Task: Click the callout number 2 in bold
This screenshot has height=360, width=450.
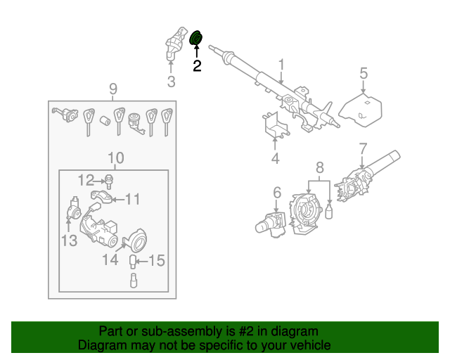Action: [197, 66]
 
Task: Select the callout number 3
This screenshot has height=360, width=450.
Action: [171, 82]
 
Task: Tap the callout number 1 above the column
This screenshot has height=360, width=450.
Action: [281, 65]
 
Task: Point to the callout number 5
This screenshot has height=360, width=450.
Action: [364, 73]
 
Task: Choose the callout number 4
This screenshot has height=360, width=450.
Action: [275, 159]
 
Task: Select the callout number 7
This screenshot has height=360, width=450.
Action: [363, 148]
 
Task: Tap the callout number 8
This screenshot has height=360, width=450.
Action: [319, 167]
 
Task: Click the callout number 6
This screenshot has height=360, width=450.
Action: [277, 192]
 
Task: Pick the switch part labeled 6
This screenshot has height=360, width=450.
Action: [270, 223]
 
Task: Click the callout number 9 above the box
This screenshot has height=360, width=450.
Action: [112, 89]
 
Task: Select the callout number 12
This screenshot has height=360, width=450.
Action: [86, 179]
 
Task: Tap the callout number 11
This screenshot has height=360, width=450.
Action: [133, 199]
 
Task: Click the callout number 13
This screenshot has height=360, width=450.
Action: [68, 242]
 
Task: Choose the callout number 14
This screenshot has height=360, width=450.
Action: [110, 260]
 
